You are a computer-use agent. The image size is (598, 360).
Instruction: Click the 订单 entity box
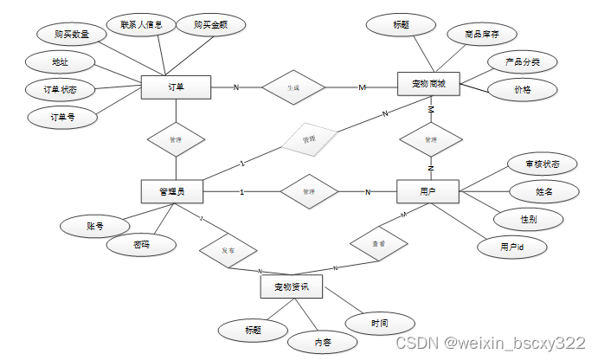click(177, 87)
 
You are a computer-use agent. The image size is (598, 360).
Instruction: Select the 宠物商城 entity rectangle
click(428, 84)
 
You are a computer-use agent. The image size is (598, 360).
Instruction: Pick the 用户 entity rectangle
click(427, 191)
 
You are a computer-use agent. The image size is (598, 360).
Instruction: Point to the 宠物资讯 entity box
click(292, 286)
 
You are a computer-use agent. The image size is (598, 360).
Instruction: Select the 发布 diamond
click(228, 249)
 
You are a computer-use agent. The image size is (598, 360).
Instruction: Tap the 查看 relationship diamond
click(378, 244)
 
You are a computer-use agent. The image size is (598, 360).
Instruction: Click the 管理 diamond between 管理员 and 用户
click(308, 191)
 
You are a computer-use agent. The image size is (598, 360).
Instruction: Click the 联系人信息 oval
click(142, 24)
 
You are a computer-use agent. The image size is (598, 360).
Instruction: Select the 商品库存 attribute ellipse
click(482, 34)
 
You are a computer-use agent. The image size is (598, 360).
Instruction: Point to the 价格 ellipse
click(522, 89)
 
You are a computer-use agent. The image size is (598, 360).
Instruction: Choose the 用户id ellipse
click(511, 247)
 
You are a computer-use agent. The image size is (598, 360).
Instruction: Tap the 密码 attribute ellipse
click(141, 244)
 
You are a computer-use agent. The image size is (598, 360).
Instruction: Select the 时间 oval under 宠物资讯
click(379, 323)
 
